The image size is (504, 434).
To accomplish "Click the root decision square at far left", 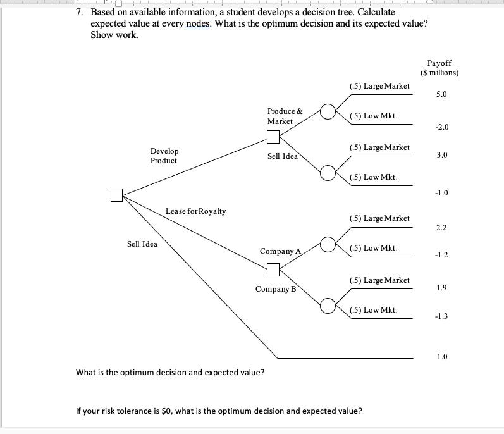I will click(116, 195).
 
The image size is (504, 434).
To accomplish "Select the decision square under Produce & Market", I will click(273, 137).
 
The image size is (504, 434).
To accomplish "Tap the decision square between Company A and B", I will click(273, 270).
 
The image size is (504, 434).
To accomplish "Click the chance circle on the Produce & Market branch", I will click(328, 112).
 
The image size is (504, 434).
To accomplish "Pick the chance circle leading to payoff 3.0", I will click(328, 172).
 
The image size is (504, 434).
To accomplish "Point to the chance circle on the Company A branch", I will click(328, 244).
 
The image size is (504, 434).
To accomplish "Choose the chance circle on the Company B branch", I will click(328, 306).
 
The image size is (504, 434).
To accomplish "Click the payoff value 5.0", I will click(441, 94).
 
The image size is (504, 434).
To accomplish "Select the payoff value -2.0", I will click(441, 127).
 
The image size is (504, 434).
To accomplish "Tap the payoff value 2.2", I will click(441, 227).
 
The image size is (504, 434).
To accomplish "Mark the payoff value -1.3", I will click(441, 317).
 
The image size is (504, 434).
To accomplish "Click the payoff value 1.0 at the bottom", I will click(441, 357).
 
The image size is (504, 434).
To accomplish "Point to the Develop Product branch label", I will click(164, 156).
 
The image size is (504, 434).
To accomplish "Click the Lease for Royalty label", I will click(195, 211).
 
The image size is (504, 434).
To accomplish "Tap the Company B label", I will click(275, 289).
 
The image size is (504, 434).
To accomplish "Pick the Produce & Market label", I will click(285, 116).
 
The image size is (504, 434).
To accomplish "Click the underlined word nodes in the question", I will click(200, 23).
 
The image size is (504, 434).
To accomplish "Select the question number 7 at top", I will click(80, 12).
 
